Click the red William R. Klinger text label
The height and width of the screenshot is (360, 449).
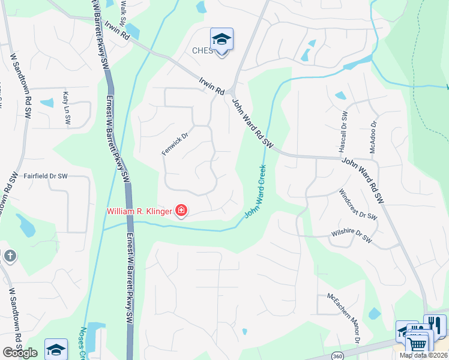[x=139, y=211]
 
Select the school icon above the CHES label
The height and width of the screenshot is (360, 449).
[x=221, y=39]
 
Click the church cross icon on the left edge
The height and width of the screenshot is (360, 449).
[x=10, y=256]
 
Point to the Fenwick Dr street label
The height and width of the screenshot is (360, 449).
[x=175, y=144]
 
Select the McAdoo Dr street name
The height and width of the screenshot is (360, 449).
[x=373, y=137]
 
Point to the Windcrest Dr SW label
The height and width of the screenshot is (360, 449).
[x=358, y=205]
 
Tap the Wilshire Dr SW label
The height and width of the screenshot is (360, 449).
[x=351, y=237]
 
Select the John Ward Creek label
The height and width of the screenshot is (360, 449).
[x=255, y=192]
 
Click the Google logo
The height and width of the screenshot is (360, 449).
[x=20, y=352]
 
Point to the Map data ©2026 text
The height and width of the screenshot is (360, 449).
[x=423, y=355]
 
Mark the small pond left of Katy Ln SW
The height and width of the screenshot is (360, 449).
[x=47, y=103]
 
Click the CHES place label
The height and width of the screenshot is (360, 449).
[x=202, y=51]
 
